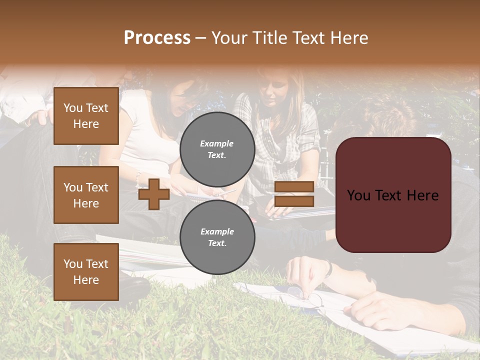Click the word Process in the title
coord(157,37)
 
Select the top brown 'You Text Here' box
coord(86,116)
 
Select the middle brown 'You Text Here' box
coord(86,195)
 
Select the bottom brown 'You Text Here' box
coord(86,272)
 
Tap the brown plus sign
coord(154,194)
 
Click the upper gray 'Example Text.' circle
coord(217,149)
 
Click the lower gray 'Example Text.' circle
coord(217,237)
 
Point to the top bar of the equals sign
coord(294,187)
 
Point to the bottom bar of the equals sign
coord(294,201)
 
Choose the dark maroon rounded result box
coord(393,195)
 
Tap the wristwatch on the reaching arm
coord(328,268)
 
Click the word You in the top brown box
coord(73,108)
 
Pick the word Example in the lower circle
coord(217,231)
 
